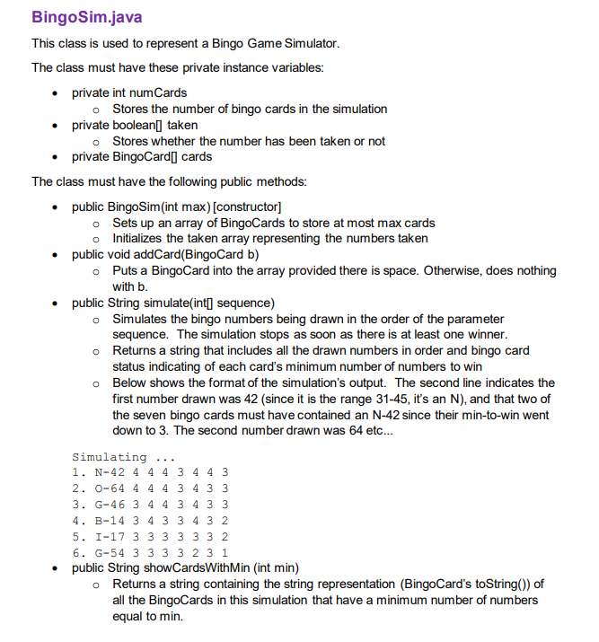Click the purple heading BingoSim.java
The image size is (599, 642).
tap(86, 17)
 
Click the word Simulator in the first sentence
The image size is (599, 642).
tap(308, 43)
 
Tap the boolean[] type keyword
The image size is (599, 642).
tap(138, 125)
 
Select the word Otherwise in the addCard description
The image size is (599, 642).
tap(452, 270)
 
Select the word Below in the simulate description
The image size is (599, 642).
tap(130, 383)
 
